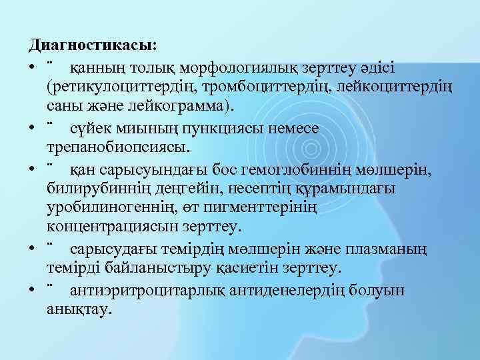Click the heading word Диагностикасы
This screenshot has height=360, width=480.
(x=91, y=45)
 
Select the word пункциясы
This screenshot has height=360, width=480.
(x=227, y=127)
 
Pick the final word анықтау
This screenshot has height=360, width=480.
(x=81, y=311)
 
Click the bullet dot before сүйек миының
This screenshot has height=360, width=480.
(x=33, y=128)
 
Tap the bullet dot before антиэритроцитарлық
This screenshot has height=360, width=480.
(x=33, y=291)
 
